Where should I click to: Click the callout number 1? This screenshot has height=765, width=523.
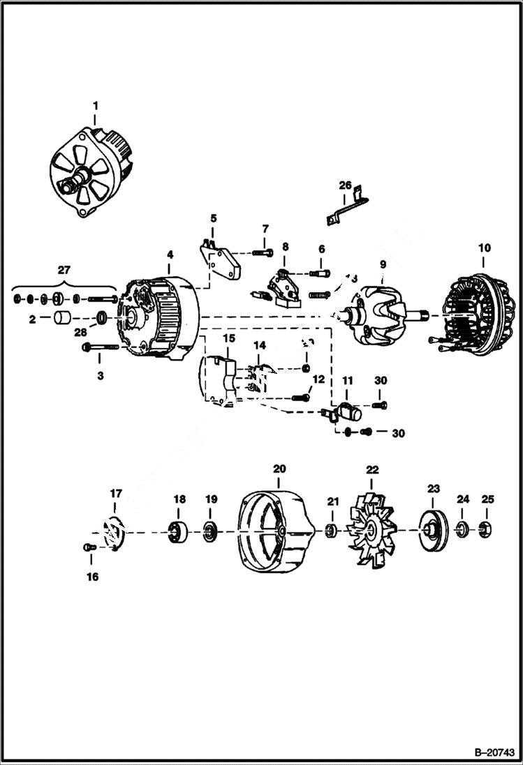coord(96,106)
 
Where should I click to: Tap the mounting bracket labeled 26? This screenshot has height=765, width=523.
coord(346,209)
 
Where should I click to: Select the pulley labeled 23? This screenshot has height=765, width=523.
coord(432,532)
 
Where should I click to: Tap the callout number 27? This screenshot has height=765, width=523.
coord(64,269)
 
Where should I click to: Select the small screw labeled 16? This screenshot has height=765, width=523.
coord(88,547)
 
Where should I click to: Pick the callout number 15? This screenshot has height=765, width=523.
coord(229,338)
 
